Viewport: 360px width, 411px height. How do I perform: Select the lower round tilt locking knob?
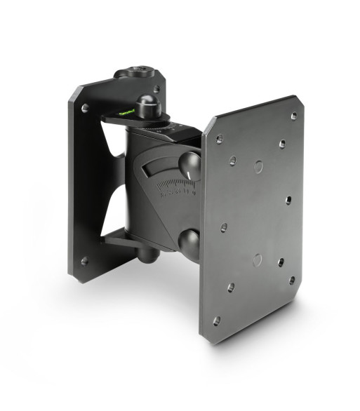click(189, 243)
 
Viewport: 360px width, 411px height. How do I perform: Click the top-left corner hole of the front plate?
click(220, 140)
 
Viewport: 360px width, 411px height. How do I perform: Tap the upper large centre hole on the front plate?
click(258, 167)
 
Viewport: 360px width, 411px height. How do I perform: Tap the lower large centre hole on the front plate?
click(257, 260)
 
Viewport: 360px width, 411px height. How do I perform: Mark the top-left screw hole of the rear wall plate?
click(85, 109)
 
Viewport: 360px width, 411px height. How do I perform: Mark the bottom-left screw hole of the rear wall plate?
click(84, 260)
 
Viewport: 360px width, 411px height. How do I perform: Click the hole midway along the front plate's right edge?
click(288, 199)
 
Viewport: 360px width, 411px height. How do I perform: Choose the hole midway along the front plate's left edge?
click(224, 228)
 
